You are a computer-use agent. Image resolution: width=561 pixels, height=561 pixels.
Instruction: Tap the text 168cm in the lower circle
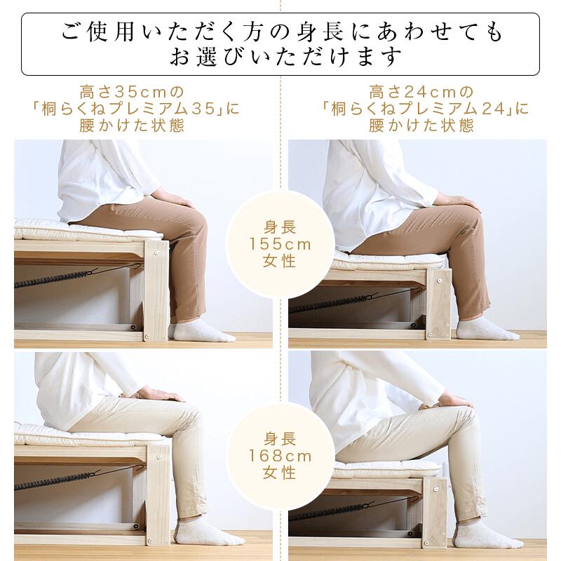point(280,456)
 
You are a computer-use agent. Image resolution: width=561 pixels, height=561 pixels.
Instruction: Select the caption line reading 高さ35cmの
point(133,92)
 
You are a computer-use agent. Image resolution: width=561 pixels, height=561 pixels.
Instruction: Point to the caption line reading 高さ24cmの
point(421,92)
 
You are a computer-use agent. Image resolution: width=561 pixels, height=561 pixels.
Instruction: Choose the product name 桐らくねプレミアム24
point(425,109)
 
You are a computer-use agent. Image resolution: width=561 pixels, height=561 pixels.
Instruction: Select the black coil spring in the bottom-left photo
point(53,483)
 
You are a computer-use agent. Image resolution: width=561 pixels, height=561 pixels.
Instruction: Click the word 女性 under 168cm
point(280,473)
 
